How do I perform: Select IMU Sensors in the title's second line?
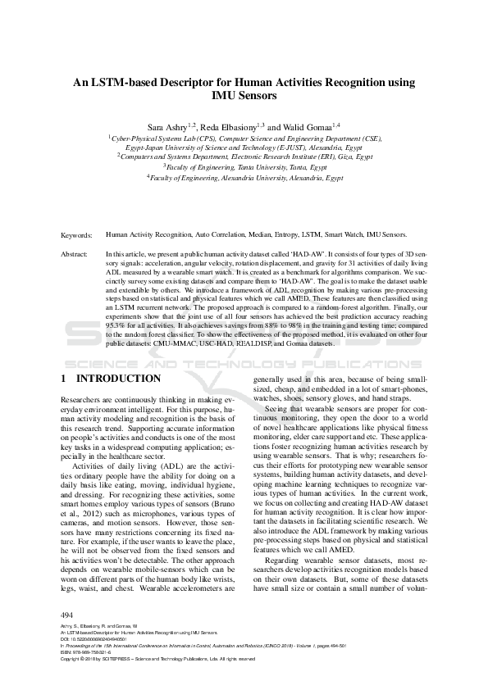pyautogui.click(x=244, y=95)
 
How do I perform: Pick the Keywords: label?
pyautogui.click(x=78, y=234)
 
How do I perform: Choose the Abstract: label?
pyautogui.click(x=76, y=255)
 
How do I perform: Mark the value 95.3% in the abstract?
pyautogui.click(x=116, y=325)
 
